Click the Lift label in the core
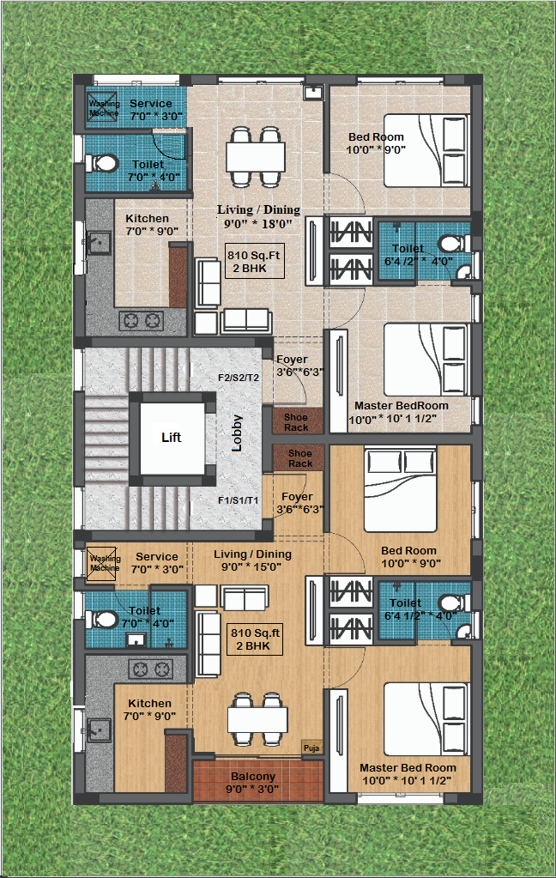point(172,438)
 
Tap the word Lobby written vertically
point(237,433)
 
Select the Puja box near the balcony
point(311,748)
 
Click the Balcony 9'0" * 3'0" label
point(252,783)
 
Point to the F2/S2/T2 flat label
point(239,378)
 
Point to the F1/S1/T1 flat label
point(239,500)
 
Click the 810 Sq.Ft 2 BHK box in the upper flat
point(254,262)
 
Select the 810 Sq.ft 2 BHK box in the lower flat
point(256,639)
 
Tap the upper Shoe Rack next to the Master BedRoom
point(298,421)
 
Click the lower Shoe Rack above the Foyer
point(299,458)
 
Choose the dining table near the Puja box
point(257,719)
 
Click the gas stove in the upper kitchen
point(142,321)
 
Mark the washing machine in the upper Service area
point(102,106)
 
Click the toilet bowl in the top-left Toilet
point(101,164)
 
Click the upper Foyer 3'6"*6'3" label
point(299,366)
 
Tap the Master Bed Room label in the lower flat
point(408,767)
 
